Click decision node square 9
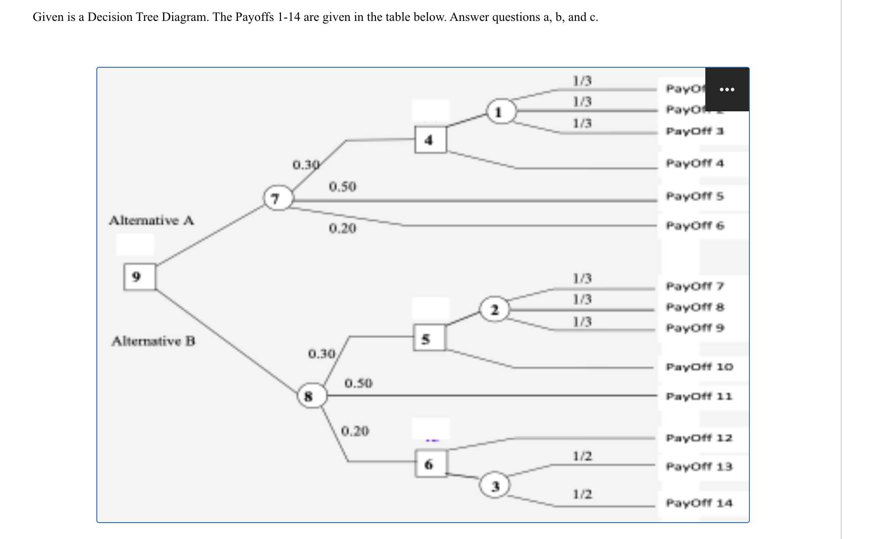(x=139, y=277)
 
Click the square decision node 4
(x=430, y=140)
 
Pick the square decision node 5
(x=429, y=338)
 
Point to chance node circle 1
(x=501, y=111)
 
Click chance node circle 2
(x=494, y=309)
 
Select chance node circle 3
(x=495, y=486)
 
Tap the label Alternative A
(x=152, y=221)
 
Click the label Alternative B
(x=154, y=341)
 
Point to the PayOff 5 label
(x=694, y=196)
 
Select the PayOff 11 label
(x=699, y=396)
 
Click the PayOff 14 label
(x=699, y=503)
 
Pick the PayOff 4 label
(x=694, y=163)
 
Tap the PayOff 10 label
(x=699, y=367)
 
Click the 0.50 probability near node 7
(x=343, y=187)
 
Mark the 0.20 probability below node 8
(x=355, y=431)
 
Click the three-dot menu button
(x=727, y=90)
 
